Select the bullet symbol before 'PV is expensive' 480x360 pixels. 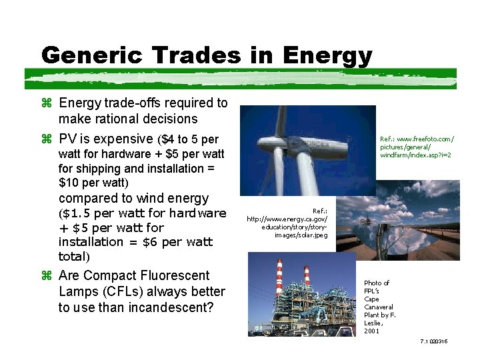pyautogui.click(x=46, y=139)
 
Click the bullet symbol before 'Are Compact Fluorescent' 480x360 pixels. pyautogui.click(x=46, y=276)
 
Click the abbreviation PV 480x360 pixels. pyautogui.click(x=67, y=139)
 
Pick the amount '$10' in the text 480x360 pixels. pyautogui.click(x=69, y=183)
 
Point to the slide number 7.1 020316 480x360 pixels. pyautogui.click(x=434, y=341)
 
